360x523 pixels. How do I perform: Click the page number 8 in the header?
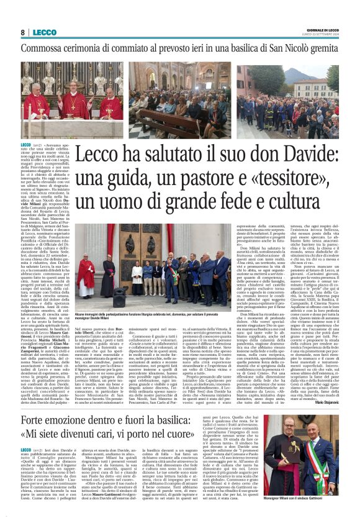[x=22, y=32]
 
